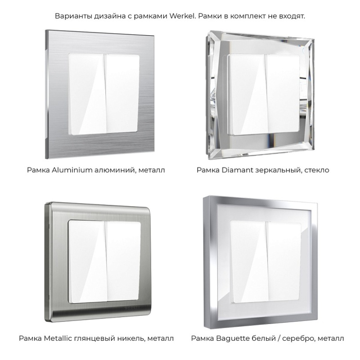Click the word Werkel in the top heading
point(183,16)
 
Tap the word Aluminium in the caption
point(72,170)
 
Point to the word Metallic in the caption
point(58,338)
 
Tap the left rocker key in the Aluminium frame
point(88,94)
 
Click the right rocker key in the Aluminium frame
point(122,94)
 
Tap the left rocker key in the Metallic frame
point(88,262)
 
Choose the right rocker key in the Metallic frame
point(122,261)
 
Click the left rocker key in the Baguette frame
point(249,262)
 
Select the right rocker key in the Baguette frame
point(283,261)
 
